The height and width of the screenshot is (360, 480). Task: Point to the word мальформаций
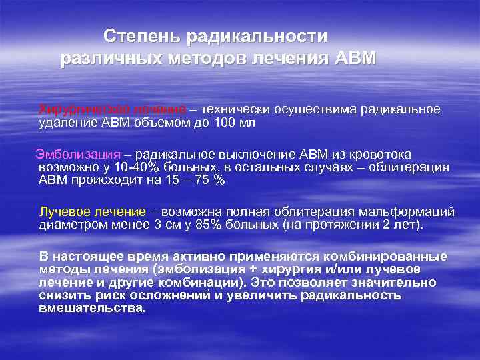pyautogui.click(x=413, y=211)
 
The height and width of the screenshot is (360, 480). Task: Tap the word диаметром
pyautogui.click(x=69, y=225)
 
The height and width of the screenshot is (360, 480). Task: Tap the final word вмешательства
pyautogui.click(x=92, y=309)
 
